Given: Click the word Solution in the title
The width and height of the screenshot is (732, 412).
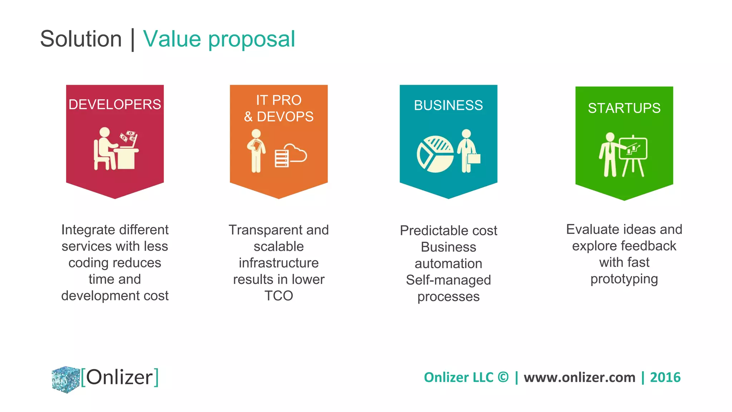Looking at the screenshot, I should (81, 39).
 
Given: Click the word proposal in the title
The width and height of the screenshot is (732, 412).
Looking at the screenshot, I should (252, 39).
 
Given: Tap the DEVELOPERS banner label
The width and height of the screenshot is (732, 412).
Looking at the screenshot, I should (115, 104).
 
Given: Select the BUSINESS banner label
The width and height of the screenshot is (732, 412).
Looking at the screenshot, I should (448, 105).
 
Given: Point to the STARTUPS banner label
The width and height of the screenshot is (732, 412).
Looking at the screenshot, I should (624, 108).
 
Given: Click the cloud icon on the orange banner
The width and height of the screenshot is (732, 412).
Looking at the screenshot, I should (296, 153).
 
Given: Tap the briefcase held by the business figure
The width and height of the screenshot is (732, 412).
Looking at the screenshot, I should (474, 158).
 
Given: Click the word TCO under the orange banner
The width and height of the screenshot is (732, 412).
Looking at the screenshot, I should (279, 296).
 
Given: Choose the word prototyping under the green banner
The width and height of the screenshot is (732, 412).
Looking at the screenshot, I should (624, 279).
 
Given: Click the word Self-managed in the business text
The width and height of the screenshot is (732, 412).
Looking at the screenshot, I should (448, 280).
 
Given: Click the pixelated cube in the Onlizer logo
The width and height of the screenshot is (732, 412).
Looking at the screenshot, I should (66, 379).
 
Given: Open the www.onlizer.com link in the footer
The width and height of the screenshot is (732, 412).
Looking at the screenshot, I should (579, 377).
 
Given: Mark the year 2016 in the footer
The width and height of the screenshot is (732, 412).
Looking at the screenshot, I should (665, 377).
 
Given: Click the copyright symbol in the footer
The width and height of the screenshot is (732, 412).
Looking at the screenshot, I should (503, 377).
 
